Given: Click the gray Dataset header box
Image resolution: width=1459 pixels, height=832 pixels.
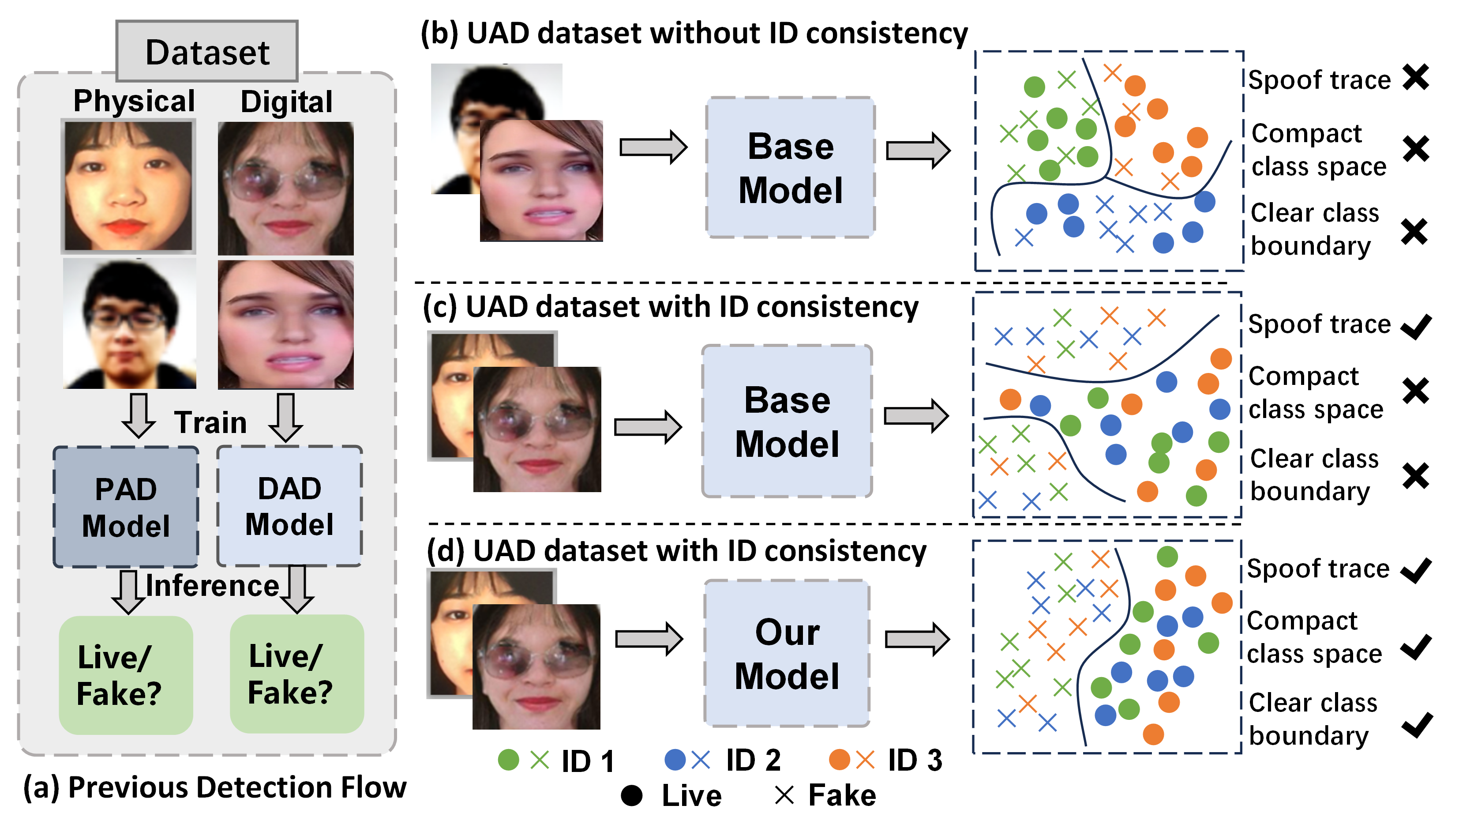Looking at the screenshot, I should pyautogui.click(x=207, y=52).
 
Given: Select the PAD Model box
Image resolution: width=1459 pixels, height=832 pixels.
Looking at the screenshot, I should pyautogui.click(x=126, y=507).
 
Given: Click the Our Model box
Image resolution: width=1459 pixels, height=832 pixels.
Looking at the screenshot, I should pyautogui.click(x=787, y=654).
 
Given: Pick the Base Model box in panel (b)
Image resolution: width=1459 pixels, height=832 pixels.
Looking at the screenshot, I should pyautogui.click(x=790, y=167).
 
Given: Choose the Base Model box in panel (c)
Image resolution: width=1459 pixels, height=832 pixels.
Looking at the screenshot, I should pyautogui.click(x=787, y=422).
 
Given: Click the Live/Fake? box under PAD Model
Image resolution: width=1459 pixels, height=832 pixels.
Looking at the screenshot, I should pyautogui.click(x=126, y=675).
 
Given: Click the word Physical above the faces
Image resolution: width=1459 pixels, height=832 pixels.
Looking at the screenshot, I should pyautogui.click(x=134, y=101).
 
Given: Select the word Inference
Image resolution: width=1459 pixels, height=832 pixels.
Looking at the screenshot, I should pyautogui.click(x=212, y=586).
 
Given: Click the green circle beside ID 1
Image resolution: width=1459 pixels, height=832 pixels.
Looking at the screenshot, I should pyautogui.click(x=508, y=760).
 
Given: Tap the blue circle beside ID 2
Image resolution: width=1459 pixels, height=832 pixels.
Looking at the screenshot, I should pyautogui.click(x=675, y=760).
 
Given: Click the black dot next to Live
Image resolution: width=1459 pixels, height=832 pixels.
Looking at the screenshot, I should pyautogui.click(x=632, y=795).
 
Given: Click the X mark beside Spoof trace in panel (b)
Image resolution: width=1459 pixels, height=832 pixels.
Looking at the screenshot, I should pyautogui.click(x=1416, y=78).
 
